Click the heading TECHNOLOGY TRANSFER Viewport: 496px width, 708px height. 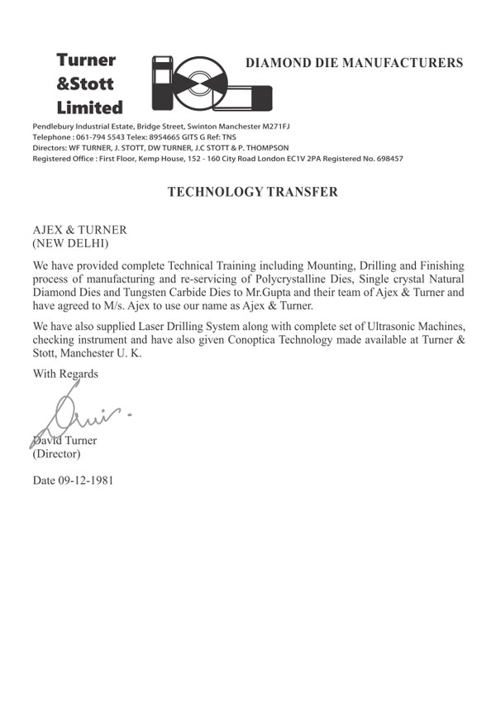click(252, 192)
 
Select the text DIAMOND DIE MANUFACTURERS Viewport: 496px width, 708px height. click(355, 63)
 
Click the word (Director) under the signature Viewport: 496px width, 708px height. click(56, 454)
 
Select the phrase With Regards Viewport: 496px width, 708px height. click(65, 373)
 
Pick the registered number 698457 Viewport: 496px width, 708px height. click(384, 157)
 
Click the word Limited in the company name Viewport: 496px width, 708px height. click(89, 108)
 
